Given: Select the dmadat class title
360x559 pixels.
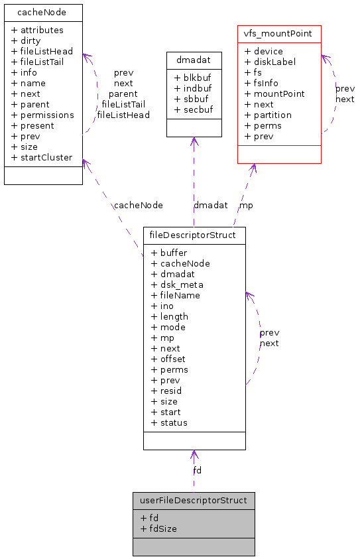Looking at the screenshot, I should point(194,60).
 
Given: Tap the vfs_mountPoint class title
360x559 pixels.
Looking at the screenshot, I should point(279,33).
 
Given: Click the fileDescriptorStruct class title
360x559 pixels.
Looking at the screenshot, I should point(194,235).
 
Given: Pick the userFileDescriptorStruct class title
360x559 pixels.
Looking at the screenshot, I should point(194,500).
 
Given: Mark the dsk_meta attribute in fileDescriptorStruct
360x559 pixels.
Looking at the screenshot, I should point(177,284).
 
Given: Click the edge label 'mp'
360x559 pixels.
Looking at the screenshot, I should point(246,206).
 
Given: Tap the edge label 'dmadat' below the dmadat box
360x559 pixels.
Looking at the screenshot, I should point(210,206).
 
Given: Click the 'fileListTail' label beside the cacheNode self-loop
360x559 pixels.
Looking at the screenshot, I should point(123,104).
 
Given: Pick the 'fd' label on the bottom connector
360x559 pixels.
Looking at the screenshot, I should point(198,470).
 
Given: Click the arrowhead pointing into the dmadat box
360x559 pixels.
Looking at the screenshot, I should point(194,141).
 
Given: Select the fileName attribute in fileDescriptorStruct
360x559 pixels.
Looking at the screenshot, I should point(175,295).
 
